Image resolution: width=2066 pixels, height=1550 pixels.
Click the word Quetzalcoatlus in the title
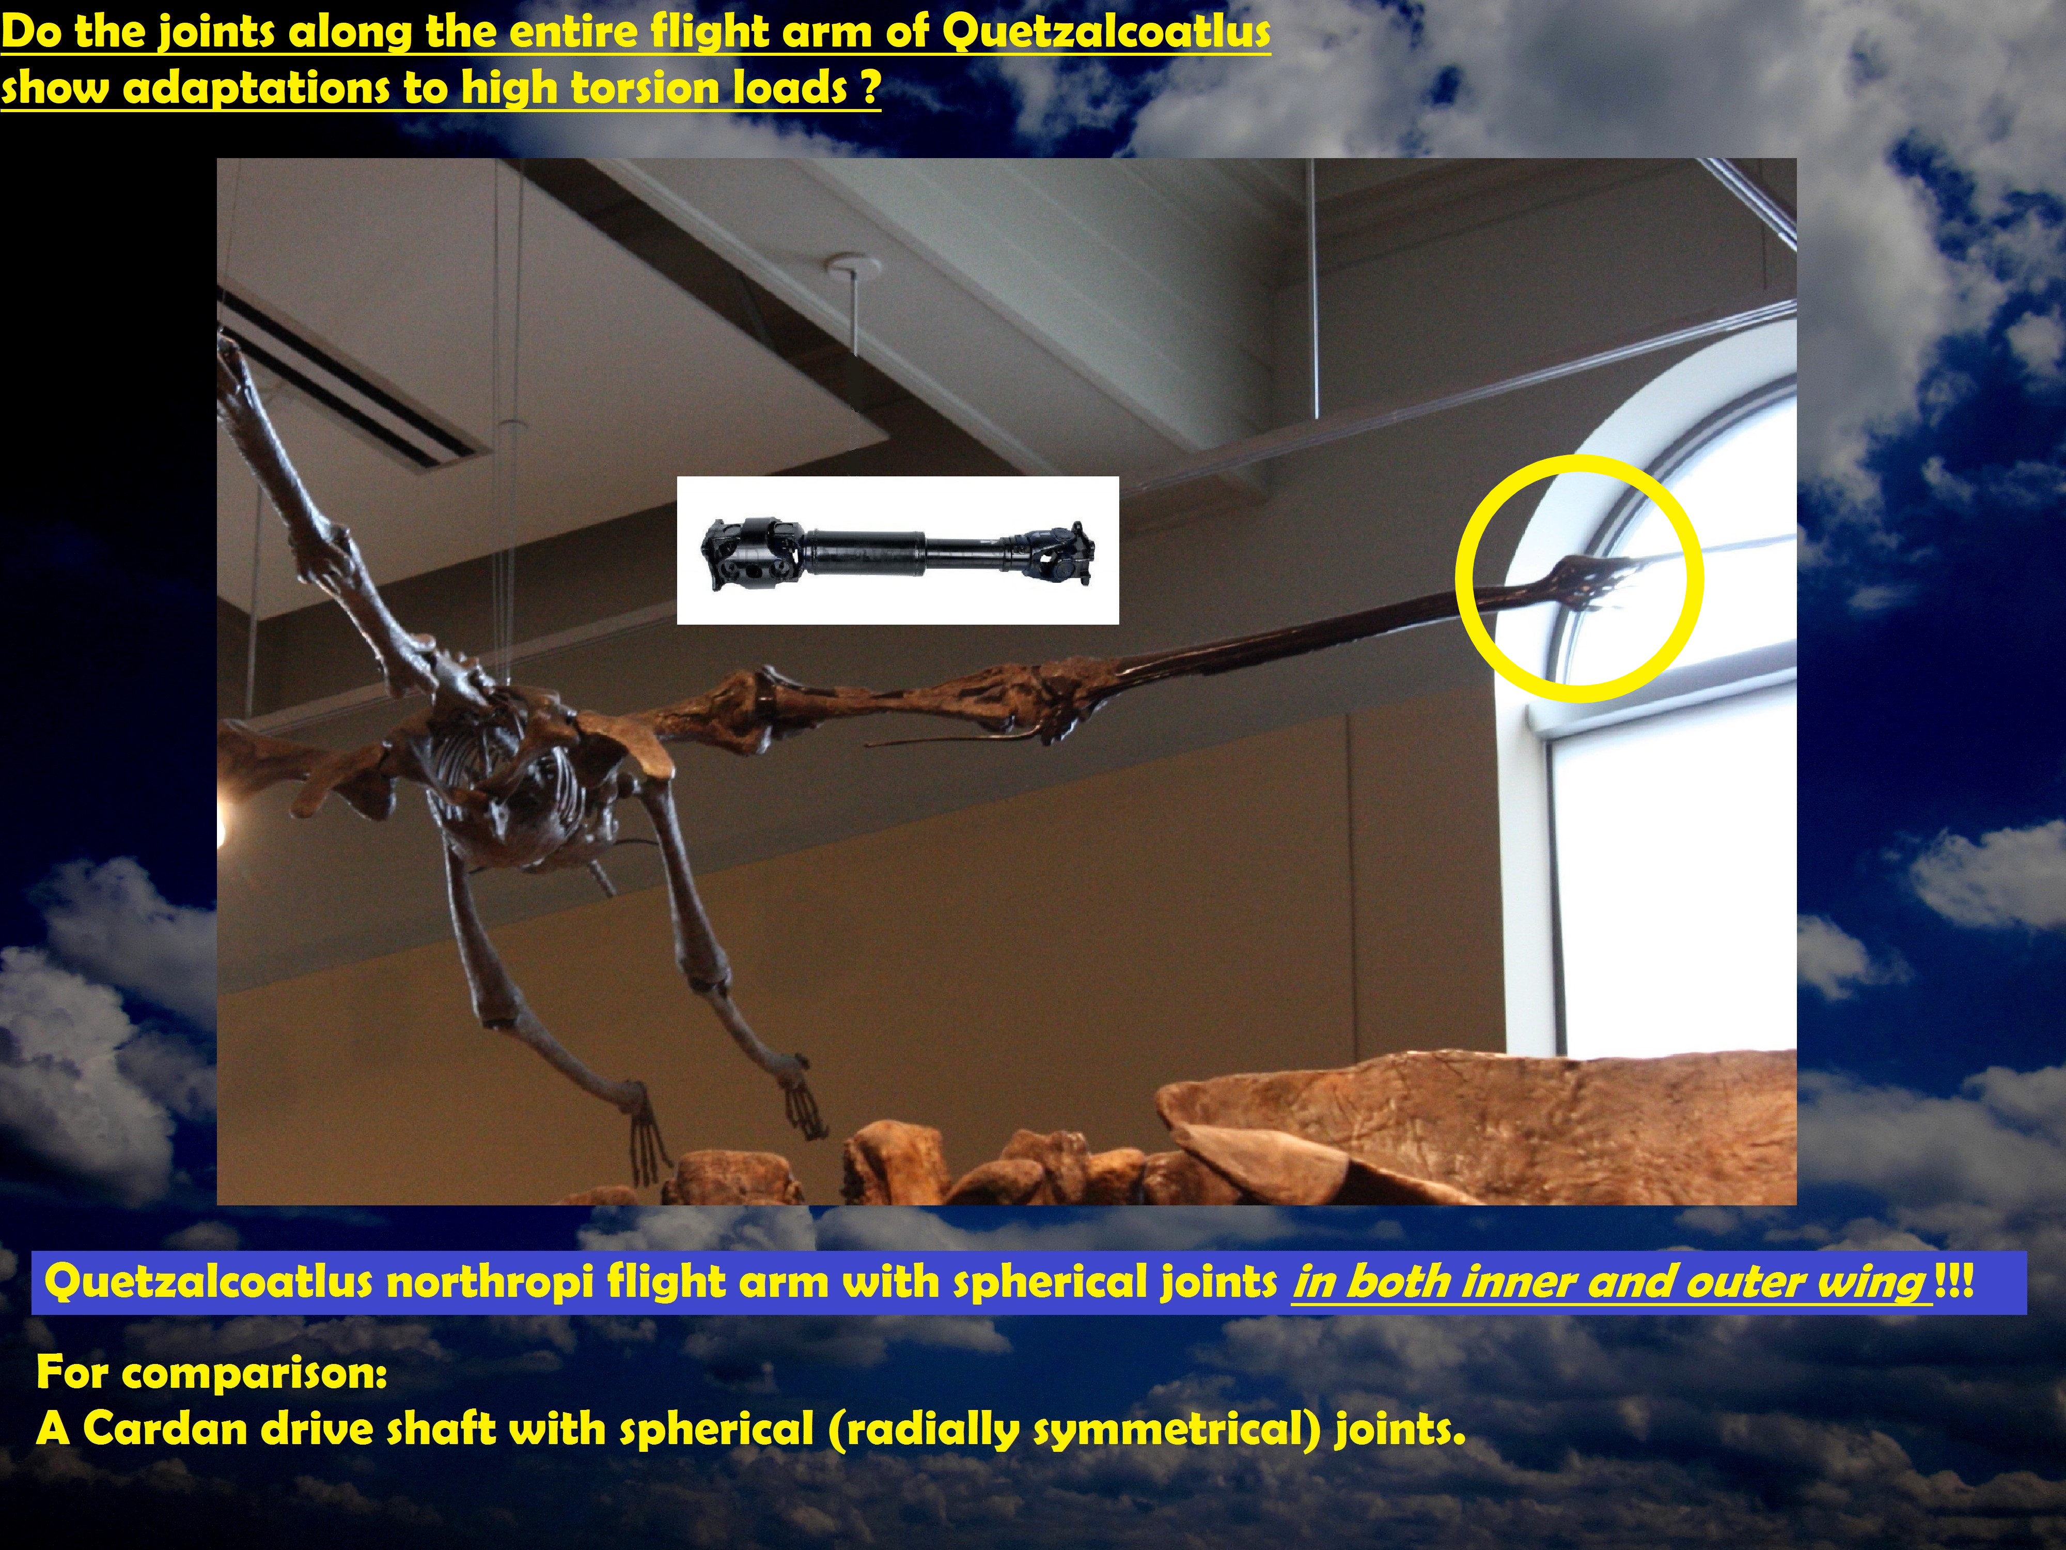1106,31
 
